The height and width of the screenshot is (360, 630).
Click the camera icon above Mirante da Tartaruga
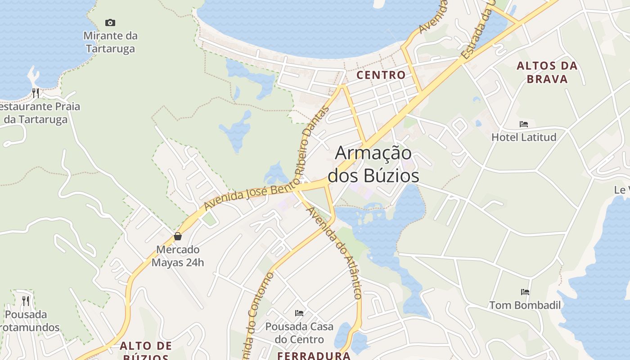pos(110,22)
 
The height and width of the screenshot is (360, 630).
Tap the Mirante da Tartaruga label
pos(110,42)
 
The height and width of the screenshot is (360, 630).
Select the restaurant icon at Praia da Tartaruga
pos(36,93)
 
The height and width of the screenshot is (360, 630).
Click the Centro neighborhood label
pos(381,75)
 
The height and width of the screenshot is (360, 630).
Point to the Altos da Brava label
pos(547,72)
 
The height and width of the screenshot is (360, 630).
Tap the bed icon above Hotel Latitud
pos(524,124)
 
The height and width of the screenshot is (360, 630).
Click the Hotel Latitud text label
pos(524,137)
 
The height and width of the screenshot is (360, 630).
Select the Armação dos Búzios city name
pos(373,164)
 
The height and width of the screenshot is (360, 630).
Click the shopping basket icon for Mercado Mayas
pos(178,236)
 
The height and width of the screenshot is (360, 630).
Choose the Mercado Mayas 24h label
pos(178,256)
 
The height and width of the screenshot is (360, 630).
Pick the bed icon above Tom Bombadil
pos(525,292)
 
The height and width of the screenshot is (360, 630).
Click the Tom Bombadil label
pos(525,305)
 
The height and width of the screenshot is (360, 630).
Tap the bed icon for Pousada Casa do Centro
pos(299,313)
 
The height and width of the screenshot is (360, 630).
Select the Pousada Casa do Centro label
pos(299,333)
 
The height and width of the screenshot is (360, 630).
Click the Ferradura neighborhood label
pos(314,355)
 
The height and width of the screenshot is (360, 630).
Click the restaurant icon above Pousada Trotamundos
pos(26,301)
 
